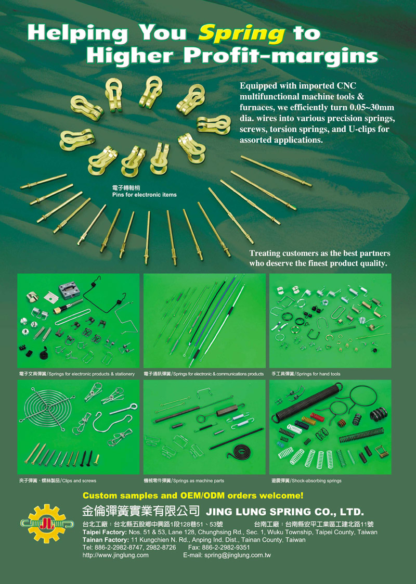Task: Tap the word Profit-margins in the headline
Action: [281, 56]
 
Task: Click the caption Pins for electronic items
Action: [145, 195]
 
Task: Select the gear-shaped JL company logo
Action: [47, 523]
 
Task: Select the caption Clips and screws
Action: [79, 481]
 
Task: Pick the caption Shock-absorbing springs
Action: [317, 481]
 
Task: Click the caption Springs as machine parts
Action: [199, 481]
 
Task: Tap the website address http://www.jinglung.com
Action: [115, 555]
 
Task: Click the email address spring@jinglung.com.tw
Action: [238, 555]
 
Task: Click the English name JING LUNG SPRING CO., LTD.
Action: [285, 512]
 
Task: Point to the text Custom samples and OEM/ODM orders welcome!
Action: [193, 496]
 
